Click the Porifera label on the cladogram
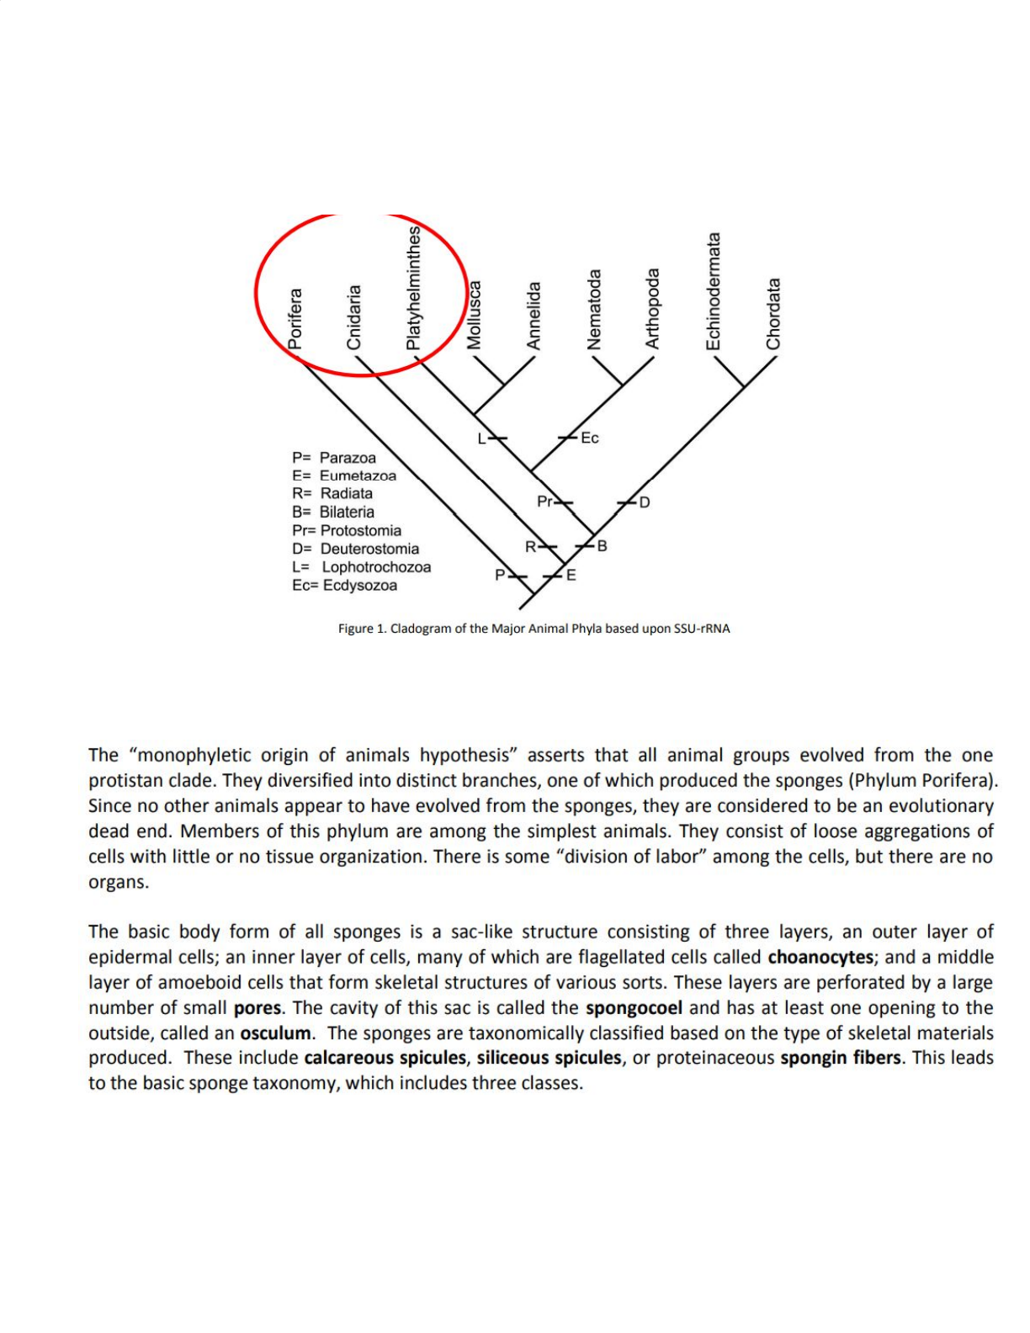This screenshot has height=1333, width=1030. tap(295, 319)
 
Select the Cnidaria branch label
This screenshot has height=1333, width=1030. tap(354, 317)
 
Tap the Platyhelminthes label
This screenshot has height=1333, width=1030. tap(413, 287)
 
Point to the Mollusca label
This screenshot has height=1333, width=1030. tap(475, 315)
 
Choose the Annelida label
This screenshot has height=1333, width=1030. tap(534, 316)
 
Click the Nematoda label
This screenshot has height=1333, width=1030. tap(594, 310)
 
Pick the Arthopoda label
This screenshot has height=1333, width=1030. tap(652, 309)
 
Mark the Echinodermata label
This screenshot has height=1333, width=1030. tap(714, 291)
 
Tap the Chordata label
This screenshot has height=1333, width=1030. tap(773, 314)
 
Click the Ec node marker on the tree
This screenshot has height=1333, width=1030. tap(589, 438)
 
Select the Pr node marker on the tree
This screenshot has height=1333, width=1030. tap(546, 502)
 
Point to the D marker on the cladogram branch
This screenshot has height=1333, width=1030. tap(644, 502)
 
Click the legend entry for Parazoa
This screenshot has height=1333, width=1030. tap(334, 458)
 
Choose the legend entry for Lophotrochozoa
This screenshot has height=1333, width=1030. tap(361, 567)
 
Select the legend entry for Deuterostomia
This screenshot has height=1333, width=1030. tap(355, 549)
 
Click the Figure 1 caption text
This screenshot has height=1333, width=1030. tap(534, 629)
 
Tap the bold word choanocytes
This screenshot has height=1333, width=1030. tap(820, 957)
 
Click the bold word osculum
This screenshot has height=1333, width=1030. tap(275, 1033)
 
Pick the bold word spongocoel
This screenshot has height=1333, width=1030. tap(634, 1007)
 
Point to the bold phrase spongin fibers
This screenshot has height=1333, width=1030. tap(840, 1058)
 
